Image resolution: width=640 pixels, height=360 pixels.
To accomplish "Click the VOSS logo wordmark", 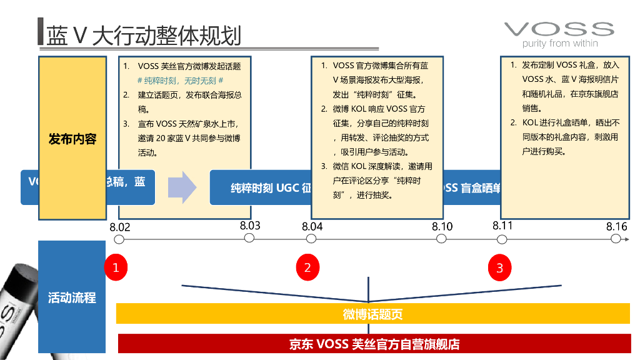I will click(x=559, y=29).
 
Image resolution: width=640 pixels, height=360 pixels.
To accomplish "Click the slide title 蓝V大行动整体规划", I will click(x=143, y=36).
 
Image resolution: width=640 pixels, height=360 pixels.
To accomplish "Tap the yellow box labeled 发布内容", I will click(x=72, y=138).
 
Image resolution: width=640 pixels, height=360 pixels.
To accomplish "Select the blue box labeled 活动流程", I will click(x=72, y=297).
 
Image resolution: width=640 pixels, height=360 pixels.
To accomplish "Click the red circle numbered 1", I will click(x=116, y=268).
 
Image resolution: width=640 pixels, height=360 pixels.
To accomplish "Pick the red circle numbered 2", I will click(x=307, y=268).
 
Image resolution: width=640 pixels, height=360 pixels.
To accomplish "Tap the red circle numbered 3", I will click(x=499, y=268).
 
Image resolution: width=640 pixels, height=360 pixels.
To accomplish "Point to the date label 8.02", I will click(x=119, y=227).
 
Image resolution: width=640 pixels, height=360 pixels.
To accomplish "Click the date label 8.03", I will click(x=249, y=226).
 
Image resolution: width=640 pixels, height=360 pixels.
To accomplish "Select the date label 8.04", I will click(x=312, y=227).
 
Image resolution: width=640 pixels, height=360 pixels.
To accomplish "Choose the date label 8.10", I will click(x=442, y=226).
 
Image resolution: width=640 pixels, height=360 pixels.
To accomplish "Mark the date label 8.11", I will click(x=502, y=226).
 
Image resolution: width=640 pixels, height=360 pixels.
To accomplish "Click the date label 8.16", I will click(x=616, y=226).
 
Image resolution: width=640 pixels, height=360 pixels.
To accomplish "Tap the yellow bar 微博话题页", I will click(x=372, y=314).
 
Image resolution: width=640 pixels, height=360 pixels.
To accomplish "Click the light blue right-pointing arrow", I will click(x=183, y=187).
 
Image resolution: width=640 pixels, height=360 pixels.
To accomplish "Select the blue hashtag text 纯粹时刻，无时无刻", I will click(x=181, y=81).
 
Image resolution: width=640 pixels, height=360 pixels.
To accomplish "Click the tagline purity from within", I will click(x=560, y=44).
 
